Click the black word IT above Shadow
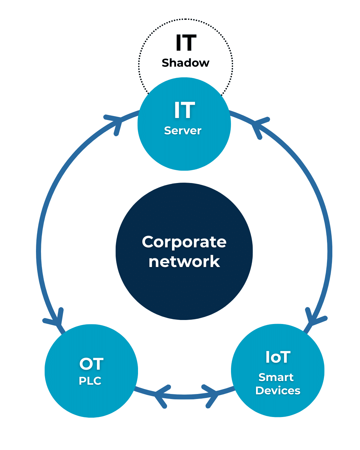tap(186, 43)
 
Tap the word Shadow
tap(186, 63)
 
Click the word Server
tap(183, 130)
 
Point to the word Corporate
tap(184, 242)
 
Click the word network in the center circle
tap(184, 262)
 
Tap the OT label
tap(91, 364)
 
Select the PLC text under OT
tap(90, 381)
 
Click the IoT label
tap(278, 357)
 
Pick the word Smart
tap(276, 377)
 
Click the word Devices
tap(278, 390)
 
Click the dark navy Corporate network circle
tap(184, 293)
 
